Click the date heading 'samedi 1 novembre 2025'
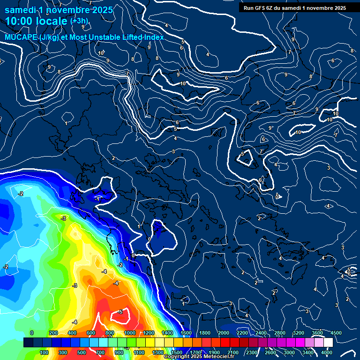click(x=59, y=9)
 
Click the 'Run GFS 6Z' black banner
click(x=295, y=8)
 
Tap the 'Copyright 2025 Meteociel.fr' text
click(x=198, y=357)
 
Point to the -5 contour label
click(x=120, y=312)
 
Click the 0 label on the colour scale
click(x=32, y=333)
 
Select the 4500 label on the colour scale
click(x=336, y=333)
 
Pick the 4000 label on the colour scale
click(x=327, y=352)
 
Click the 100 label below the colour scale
click(x=45, y=352)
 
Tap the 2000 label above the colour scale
click(x=223, y=333)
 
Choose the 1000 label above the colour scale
click(x=130, y=333)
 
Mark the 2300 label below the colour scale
click(x=252, y=352)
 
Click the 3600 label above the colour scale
click(x=317, y=333)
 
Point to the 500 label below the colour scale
click(x=82, y=352)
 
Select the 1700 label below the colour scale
click(x=195, y=352)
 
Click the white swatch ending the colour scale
click(x=328, y=343)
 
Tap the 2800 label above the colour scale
click(x=279, y=333)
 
